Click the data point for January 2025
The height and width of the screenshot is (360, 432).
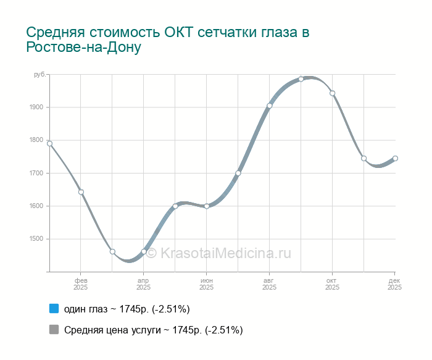click(x=49, y=143)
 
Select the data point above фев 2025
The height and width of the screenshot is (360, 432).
click(x=81, y=192)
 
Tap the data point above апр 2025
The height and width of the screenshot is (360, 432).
click(x=144, y=251)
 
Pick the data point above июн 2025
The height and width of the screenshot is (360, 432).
click(x=207, y=206)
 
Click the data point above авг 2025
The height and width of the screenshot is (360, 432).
click(x=270, y=106)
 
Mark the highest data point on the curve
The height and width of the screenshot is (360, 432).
click(x=301, y=79)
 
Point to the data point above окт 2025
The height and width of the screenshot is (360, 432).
click(x=333, y=93)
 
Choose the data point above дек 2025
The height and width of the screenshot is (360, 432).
click(x=396, y=158)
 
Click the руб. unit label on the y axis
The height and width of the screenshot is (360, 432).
click(x=39, y=75)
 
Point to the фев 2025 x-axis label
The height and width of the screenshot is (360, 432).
click(x=81, y=284)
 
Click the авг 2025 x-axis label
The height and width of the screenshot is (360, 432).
click(x=270, y=284)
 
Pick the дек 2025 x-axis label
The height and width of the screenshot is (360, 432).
click(x=394, y=284)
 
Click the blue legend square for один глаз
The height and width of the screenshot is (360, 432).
click(x=54, y=308)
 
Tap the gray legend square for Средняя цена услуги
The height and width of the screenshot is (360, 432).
click(x=54, y=330)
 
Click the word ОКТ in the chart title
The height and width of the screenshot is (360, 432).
click(x=180, y=31)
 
